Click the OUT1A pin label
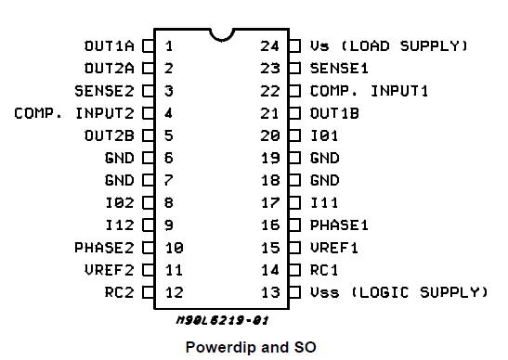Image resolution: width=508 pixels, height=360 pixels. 110,45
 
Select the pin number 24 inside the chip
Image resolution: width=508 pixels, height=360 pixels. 269,45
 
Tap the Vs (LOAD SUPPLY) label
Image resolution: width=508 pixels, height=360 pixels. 389,45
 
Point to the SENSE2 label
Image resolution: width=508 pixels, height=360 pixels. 104,91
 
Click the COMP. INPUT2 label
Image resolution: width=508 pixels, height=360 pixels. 74,113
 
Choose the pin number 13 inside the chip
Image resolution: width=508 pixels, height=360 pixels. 269,292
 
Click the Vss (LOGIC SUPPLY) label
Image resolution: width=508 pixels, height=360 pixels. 398,292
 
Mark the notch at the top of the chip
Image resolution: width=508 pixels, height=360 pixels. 221,34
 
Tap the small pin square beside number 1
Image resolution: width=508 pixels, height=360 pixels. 148,45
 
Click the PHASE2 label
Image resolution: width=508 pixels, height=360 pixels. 104,248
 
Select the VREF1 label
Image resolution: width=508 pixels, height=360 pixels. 334,248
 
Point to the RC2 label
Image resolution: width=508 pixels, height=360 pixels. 119,292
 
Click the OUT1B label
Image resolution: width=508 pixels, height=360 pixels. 334,113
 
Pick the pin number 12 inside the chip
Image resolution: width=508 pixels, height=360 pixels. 173,292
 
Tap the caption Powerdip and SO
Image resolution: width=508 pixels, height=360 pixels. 251,347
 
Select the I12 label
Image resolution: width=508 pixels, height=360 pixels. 119,225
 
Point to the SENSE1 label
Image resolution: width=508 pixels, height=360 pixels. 339,68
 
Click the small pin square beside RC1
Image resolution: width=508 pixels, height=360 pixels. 294,270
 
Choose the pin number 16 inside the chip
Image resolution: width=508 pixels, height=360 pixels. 269,225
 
